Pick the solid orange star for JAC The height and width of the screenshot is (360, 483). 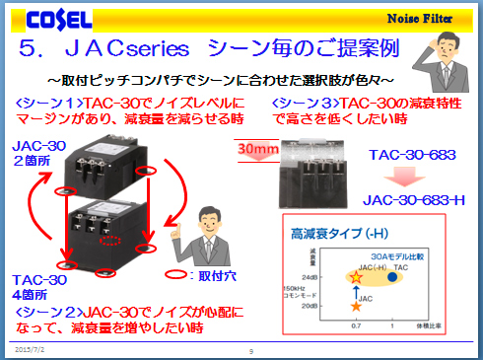[x=356, y=308]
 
